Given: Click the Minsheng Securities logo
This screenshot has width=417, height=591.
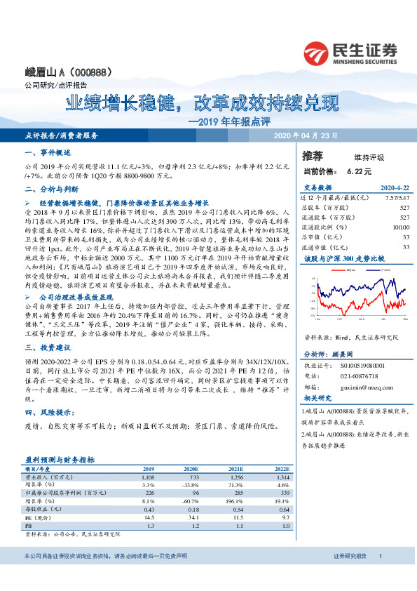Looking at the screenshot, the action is point(350,51).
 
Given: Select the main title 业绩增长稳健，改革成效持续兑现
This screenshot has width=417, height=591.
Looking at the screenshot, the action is point(202,105).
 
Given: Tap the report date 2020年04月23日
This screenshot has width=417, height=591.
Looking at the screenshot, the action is point(305,135).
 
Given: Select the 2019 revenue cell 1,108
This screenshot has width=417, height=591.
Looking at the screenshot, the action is point(148,476).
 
